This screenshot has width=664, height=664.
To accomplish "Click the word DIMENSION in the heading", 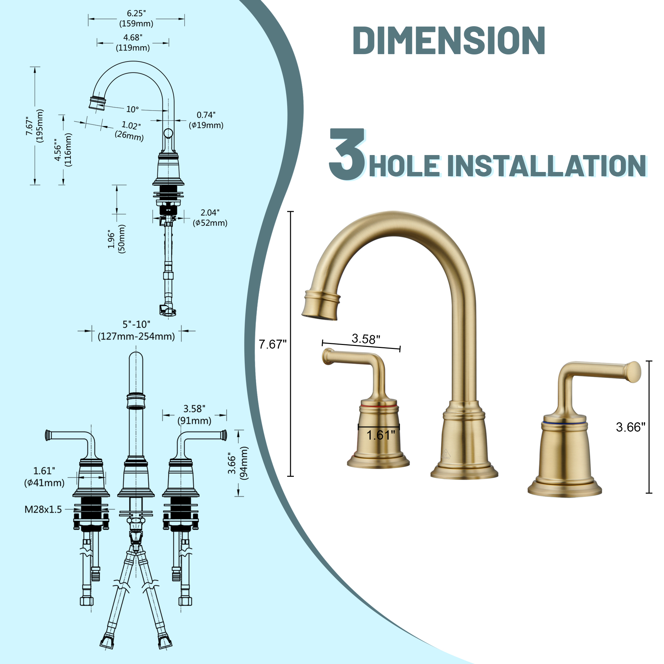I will point(449,41).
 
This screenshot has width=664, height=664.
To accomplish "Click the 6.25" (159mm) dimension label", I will point(136,19).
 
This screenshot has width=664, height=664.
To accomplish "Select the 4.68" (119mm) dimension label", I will point(133,42).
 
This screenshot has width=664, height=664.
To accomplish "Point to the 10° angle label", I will point(132,109).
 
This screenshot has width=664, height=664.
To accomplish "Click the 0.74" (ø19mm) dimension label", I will point(206,120).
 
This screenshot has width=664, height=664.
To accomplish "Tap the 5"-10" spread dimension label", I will point(136,330).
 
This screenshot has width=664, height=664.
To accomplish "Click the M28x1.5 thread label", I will point(43,509).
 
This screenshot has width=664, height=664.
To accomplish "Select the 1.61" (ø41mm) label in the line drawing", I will point(44,477).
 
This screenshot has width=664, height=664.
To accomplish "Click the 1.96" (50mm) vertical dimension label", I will point(117,239).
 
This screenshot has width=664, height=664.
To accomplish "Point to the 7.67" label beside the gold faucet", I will point(272,344).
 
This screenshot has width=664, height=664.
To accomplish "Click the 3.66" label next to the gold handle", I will point(630,427).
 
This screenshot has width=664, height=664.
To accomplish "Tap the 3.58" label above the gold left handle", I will point(366,339).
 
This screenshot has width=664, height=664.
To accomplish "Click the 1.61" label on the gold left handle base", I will point(380,436).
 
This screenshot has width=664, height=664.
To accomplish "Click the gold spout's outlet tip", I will point(319,314).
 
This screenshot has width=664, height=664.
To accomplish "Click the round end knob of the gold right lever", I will point(634,372).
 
